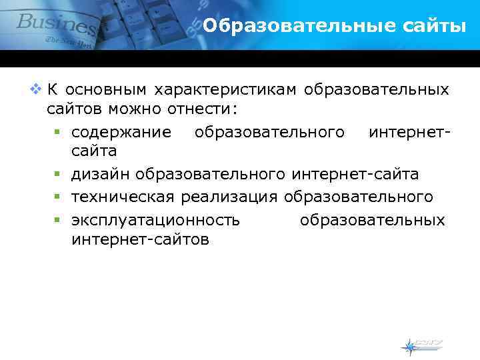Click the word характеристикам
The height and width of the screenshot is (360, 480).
[x=226, y=89]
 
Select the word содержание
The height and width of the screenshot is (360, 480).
[x=121, y=131]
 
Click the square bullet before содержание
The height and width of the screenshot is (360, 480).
[x=59, y=132]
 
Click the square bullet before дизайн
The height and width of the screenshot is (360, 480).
[x=59, y=175]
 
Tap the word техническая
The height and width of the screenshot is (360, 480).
[x=123, y=197]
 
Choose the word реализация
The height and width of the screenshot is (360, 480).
[x=229, y=197]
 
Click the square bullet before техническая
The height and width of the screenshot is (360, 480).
[x=59, y=197]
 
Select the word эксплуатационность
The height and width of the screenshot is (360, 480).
[x=155, y=219]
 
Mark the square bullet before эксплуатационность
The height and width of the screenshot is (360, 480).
[x=59, y=220]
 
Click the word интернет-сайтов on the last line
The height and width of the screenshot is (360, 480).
[x=140, y=239]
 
